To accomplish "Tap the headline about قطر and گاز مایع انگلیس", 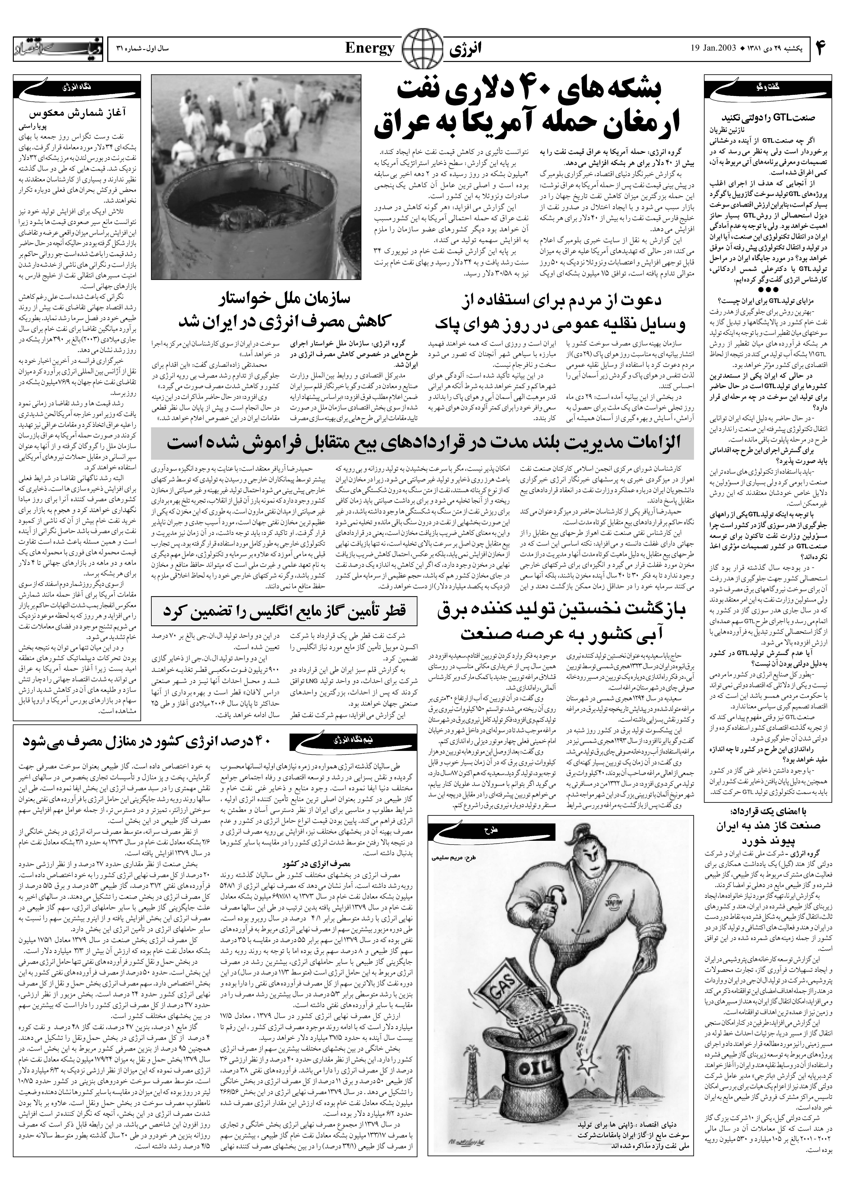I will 285,611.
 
